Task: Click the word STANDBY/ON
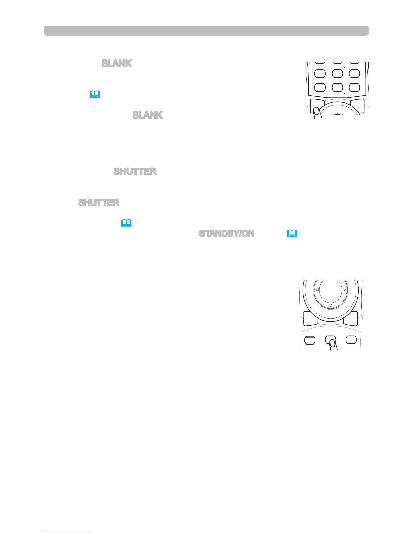point(226,234)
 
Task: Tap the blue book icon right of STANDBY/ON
point(292,233)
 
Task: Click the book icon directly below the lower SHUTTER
point(127,223)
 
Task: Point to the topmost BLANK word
point(117,63)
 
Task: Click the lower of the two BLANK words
point(147,115)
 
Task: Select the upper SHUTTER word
point(135,172)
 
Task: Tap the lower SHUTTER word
point(99,203)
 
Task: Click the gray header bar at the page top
point(206,31)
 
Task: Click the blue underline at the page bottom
point(67,532)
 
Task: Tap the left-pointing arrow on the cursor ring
point(317,290)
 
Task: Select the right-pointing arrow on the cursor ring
point(344,290)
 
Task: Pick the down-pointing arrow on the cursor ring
point(331,305)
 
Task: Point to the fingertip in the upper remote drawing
point(317,112)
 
